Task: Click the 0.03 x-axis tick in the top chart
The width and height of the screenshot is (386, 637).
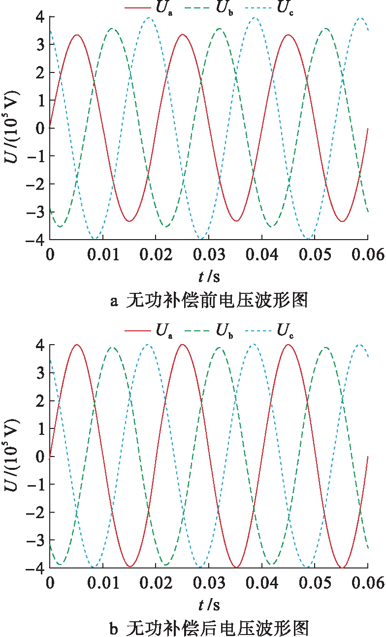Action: tap(208, 254)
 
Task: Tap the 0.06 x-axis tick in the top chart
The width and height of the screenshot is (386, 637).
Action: tap(368, 254)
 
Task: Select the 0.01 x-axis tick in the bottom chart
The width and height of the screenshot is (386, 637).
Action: tap(102, 582)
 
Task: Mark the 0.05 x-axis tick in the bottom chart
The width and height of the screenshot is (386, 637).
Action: tap(315, 582)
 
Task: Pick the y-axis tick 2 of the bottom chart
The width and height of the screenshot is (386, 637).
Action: tap(41, 401)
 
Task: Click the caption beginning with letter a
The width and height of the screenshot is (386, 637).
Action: tap(209, 301)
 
